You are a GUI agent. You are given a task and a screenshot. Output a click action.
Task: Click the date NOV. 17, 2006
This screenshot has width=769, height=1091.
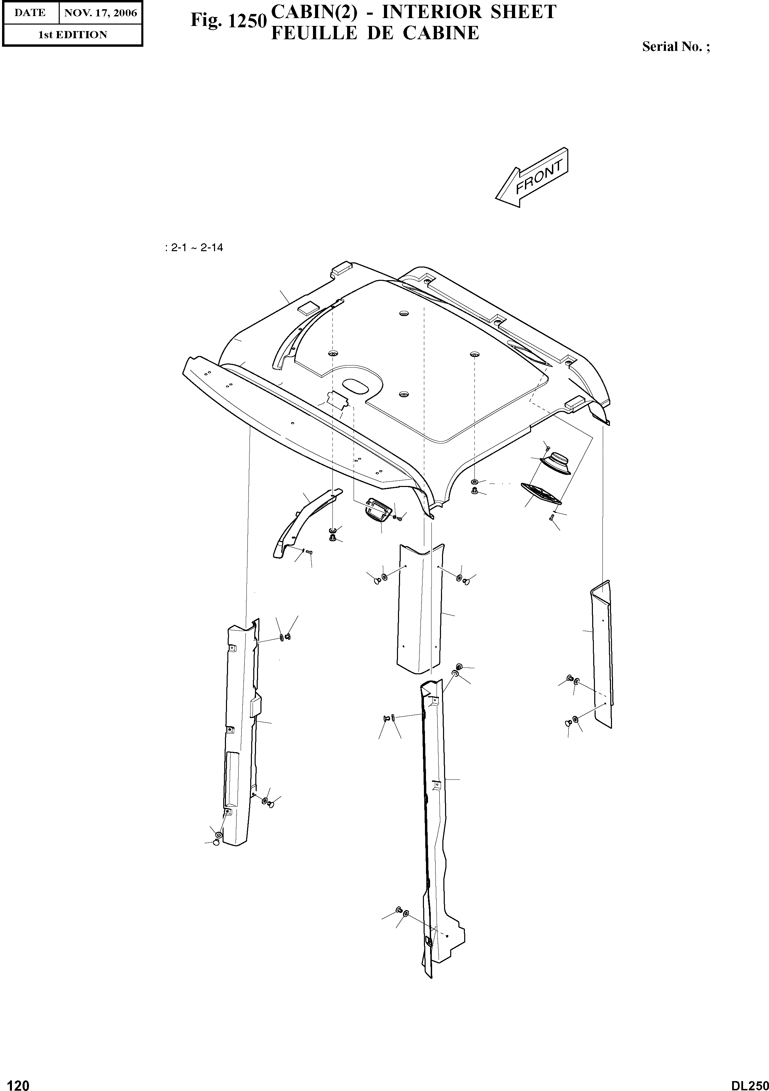(100, 13)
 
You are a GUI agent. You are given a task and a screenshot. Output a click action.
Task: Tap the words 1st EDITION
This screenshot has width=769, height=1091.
(72, 35)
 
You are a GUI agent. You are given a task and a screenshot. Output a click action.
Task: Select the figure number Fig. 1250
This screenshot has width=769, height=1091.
(227, 20)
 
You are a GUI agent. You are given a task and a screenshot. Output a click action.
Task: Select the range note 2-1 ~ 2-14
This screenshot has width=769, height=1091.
(195, 247)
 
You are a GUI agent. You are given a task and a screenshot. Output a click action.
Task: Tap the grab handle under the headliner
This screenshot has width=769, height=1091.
(378, 509)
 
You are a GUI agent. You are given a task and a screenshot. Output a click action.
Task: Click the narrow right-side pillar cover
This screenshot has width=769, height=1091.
(602, 656)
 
